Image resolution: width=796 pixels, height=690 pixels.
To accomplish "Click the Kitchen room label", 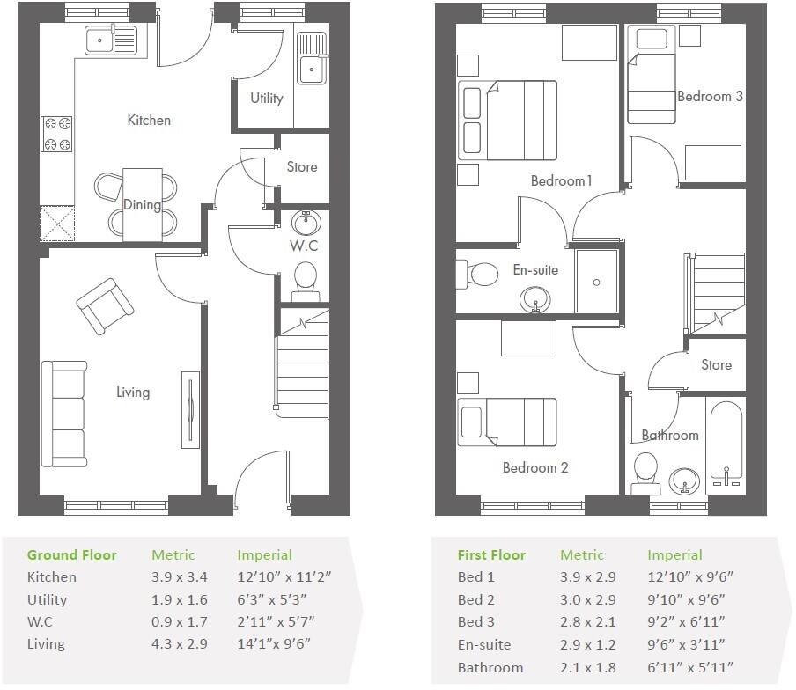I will coord(149,120).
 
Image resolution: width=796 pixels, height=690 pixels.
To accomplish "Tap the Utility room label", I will coord(266,98).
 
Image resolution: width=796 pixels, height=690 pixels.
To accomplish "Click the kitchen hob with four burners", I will coord(57,134).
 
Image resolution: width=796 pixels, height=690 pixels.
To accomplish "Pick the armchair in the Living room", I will coord(106,305).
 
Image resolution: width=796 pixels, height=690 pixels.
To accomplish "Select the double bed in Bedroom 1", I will coord(508,121).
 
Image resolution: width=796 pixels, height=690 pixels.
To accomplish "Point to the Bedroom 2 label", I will coord(534,467).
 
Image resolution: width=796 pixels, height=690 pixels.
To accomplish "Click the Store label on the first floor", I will coord(716,364).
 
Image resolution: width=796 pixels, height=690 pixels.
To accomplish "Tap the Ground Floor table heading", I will coord(71,554).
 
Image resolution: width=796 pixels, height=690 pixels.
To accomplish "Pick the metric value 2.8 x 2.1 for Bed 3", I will coord(587,622).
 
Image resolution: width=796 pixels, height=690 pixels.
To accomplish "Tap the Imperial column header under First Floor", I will coord(674,554).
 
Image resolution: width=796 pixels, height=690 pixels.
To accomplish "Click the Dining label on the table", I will coord(142,205).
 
